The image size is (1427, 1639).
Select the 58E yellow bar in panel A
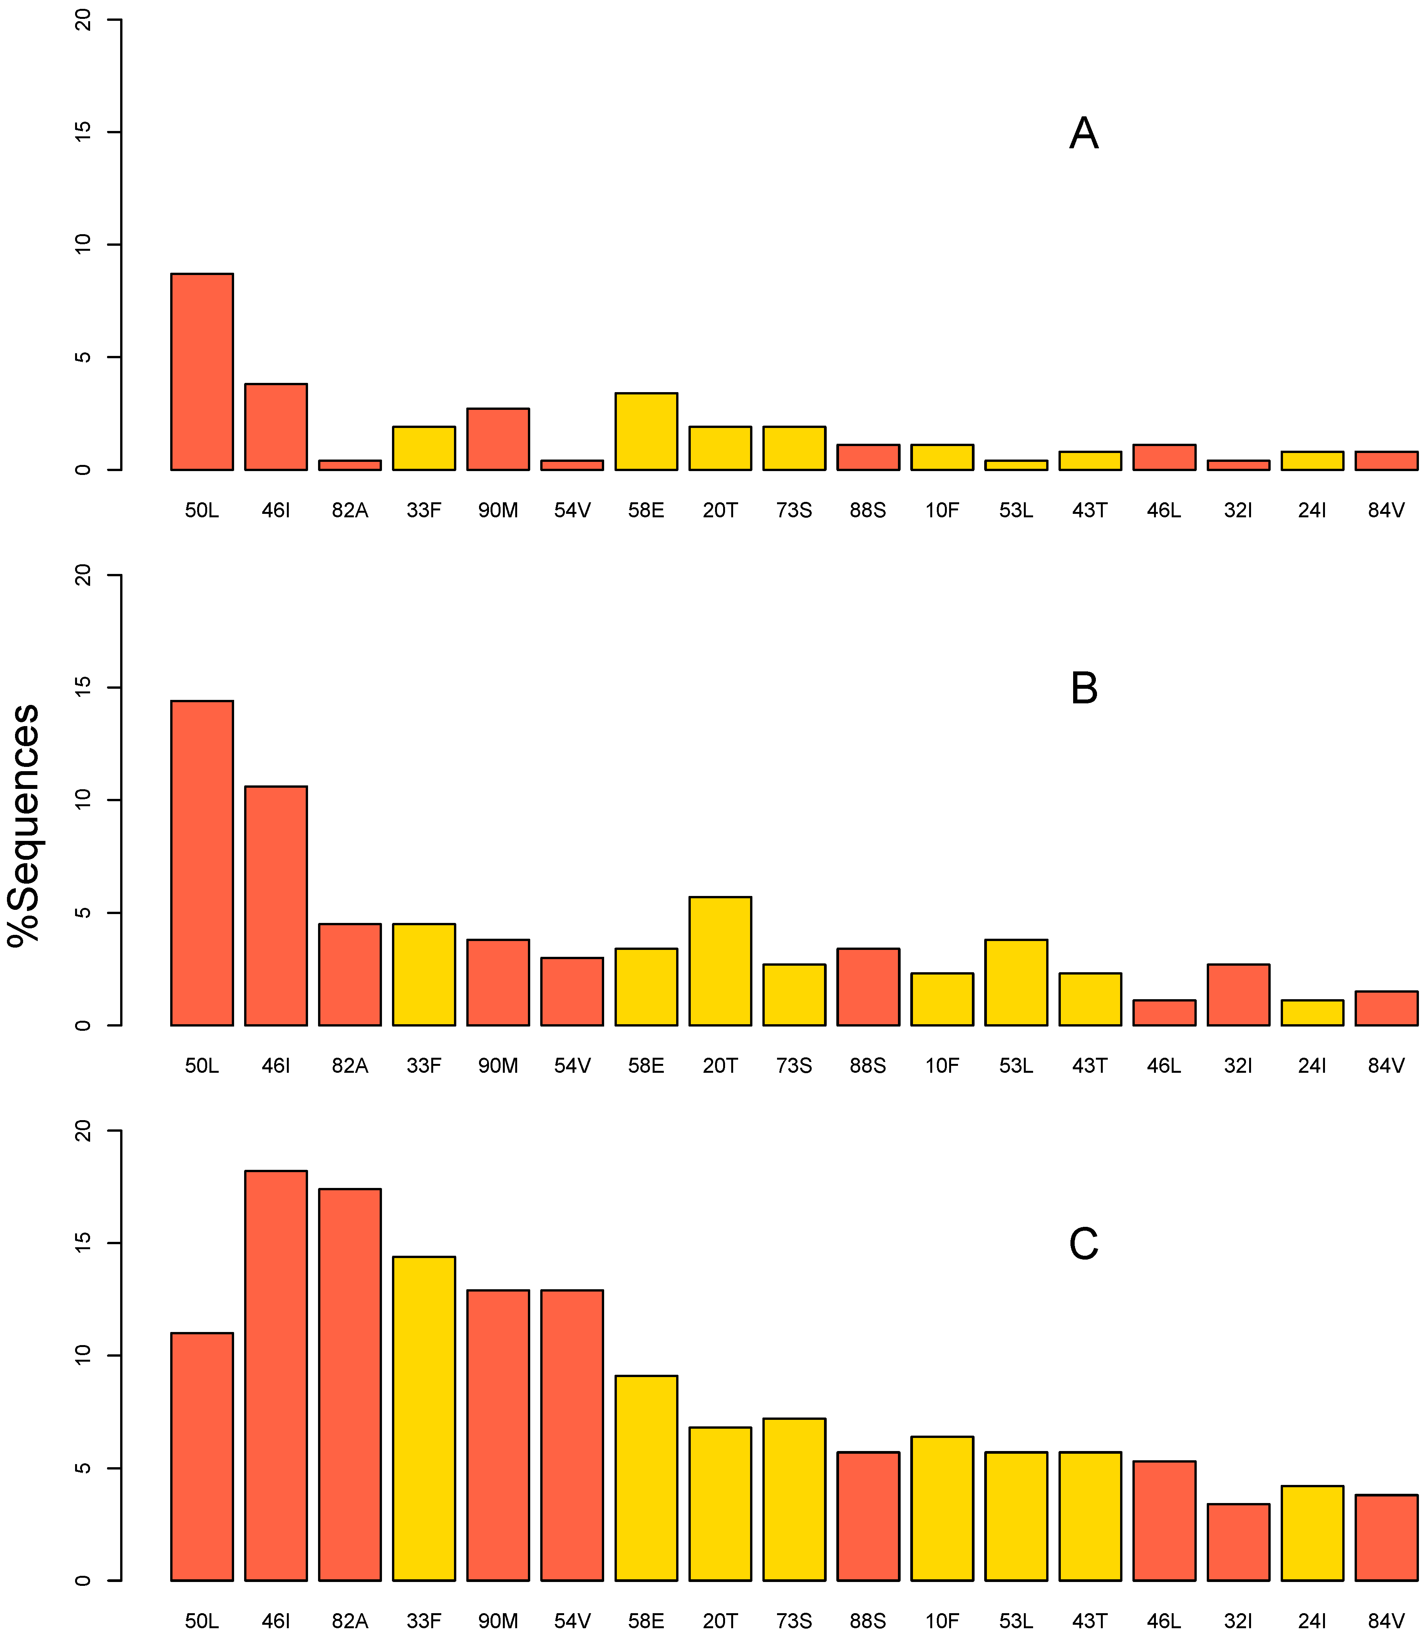[x=646, y=432]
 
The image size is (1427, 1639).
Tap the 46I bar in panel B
[x=276, y=906]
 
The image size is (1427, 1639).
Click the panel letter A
[x=1084, y=134]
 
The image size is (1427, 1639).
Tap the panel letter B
[x=1084, y=689]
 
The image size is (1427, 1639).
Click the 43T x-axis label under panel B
[x=1089, y=1065]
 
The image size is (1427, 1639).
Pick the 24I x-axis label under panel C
[x=1311, y=1621]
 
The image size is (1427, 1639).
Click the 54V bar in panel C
[x=572, y=1435]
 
